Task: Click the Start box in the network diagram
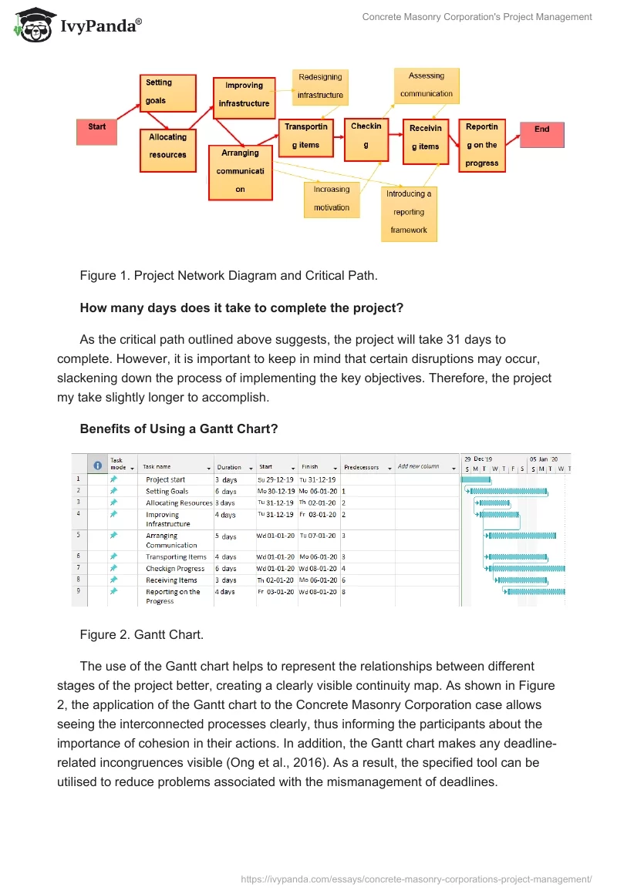click(x=96, y=132)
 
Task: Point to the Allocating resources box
click(x=168, y=146)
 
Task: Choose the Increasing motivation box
click(x=332, y=199)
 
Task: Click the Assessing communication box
click(x=427, y=86)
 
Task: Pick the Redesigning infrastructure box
click(x=320, y=86)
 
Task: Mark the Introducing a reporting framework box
click(x=409, y=212)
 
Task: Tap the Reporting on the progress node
click(x=482, y=145)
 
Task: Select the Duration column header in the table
click(x=229, y=467)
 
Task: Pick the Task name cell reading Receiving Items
click(x=172, y=580)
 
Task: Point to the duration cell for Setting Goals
click(x=226, y=491)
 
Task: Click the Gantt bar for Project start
click(x=475, y=479)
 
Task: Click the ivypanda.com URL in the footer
click(x=416, y=878)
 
